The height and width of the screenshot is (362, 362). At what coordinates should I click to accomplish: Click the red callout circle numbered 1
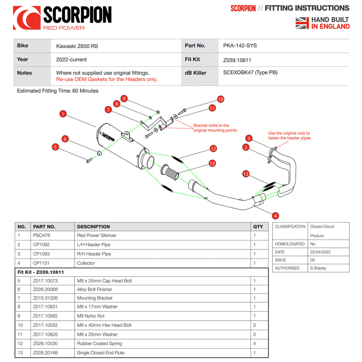pos(63,114)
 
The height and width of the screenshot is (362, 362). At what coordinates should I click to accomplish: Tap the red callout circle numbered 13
pos(212,164)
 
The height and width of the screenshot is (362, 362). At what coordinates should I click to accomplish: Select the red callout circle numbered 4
pos(275,216)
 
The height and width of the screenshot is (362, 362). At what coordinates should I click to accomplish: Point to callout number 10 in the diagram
pos(220,99)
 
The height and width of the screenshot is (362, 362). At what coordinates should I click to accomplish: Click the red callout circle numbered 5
pos(55,147)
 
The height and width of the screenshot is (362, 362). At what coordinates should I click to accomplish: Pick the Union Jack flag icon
pos(302,23)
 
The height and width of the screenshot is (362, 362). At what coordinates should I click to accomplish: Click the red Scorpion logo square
pos(26,18)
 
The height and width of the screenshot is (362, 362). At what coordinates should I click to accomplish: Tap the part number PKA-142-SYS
pos(240,46)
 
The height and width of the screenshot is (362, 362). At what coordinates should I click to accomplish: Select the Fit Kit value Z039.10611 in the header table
pos(237,60)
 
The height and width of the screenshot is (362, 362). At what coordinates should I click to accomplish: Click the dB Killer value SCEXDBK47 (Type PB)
pos(250,72)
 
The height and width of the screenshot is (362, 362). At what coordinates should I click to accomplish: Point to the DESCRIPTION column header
pos(93,227)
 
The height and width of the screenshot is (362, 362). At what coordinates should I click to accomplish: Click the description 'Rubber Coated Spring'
pos(100,344)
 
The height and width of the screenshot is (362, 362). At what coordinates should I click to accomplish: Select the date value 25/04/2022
pos(320,252)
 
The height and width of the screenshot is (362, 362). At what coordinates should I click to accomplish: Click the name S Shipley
pos(318,268)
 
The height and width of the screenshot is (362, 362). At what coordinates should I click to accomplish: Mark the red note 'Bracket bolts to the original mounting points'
pos(215,128)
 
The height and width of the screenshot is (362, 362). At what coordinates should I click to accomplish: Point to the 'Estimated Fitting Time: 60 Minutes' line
pos(58,91)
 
